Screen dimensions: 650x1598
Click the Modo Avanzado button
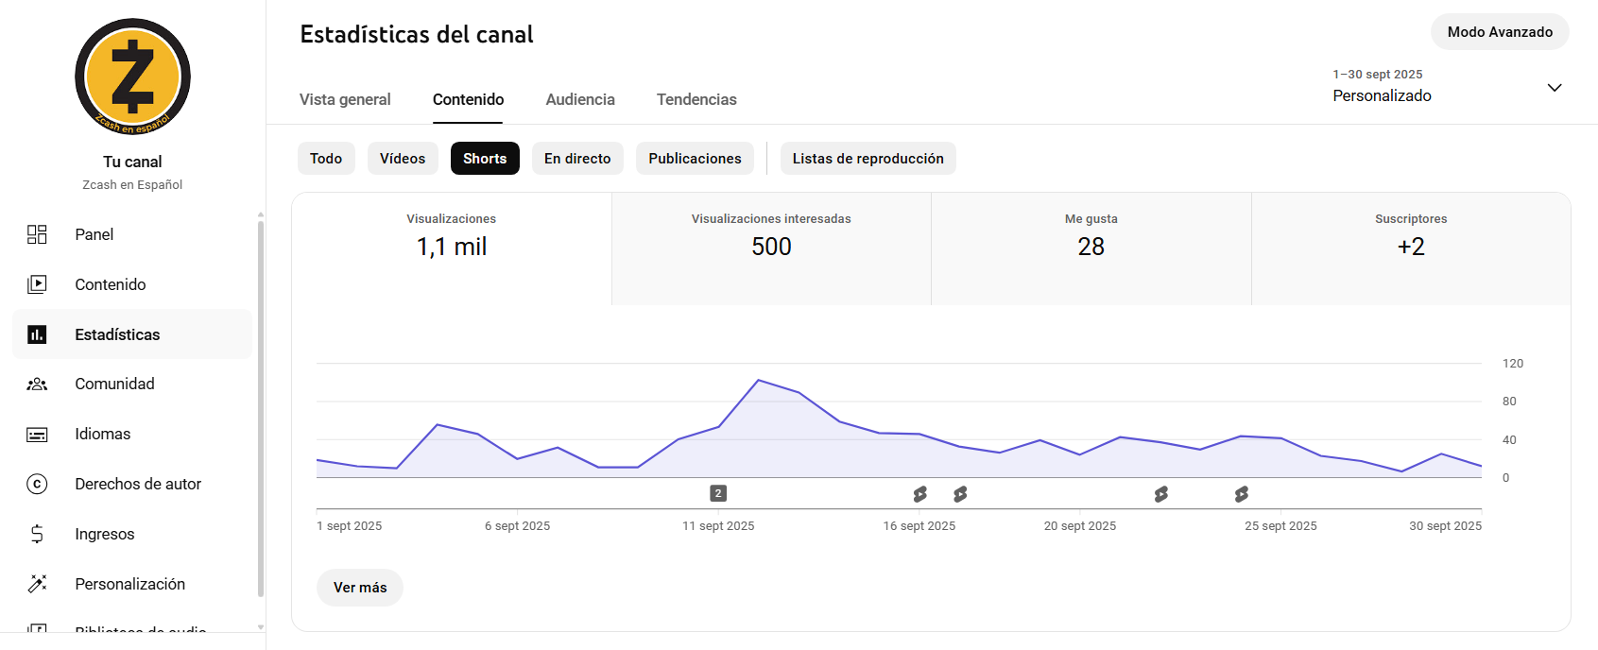point(1500,32)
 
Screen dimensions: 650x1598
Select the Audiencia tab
point(580,99)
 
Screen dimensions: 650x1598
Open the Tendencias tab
point(696,99)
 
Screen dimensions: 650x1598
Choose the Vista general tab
point(345,99)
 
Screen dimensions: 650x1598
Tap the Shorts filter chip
point(485,159)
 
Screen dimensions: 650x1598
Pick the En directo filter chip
point(577,159)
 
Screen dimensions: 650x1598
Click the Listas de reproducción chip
point(868,159)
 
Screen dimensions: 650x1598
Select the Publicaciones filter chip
point(695,159)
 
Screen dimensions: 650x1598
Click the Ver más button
point(360,588)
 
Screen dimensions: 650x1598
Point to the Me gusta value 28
point(1091,247)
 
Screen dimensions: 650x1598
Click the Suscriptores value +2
point(1411,247)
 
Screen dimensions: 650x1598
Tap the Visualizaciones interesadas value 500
point(771,247)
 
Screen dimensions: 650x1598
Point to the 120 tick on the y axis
point(1513,364)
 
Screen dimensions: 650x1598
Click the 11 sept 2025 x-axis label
point(718,526)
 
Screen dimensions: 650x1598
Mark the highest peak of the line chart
point(759,380)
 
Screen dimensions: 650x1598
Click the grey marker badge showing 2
point(718,493)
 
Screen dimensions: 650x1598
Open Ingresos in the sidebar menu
point(105,534)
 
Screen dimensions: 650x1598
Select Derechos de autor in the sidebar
point(138,484)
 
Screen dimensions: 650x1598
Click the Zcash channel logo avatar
point(132,77)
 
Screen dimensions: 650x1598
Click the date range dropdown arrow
point(1555,88)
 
